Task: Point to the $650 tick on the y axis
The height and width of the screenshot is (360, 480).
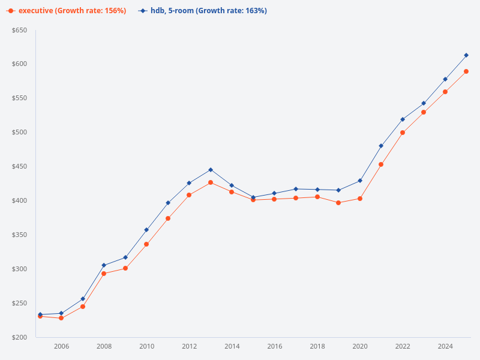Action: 19,30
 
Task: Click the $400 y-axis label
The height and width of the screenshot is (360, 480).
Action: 19,200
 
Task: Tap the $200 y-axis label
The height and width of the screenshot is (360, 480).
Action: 19,337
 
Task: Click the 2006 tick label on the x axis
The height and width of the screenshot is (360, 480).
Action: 61,346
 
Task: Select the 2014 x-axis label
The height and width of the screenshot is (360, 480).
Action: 232,346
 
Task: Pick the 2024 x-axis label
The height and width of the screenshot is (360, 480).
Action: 445,346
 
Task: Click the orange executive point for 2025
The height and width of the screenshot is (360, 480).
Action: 466,71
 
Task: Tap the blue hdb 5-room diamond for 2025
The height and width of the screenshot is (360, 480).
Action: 466,55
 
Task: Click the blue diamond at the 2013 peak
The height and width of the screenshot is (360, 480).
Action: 211,170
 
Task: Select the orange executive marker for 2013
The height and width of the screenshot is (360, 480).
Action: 211,182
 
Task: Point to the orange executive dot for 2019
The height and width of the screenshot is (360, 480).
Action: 338,203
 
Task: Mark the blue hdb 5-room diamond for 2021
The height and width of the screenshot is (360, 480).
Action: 381,146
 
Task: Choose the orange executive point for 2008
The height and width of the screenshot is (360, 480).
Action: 104,274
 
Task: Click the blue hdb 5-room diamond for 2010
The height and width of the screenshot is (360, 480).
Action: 146,230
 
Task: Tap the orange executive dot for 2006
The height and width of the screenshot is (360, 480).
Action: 61,318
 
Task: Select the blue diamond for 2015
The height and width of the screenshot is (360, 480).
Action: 253,197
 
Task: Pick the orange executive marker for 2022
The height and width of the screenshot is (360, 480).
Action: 403,133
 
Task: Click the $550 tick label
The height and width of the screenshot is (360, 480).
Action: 19,98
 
